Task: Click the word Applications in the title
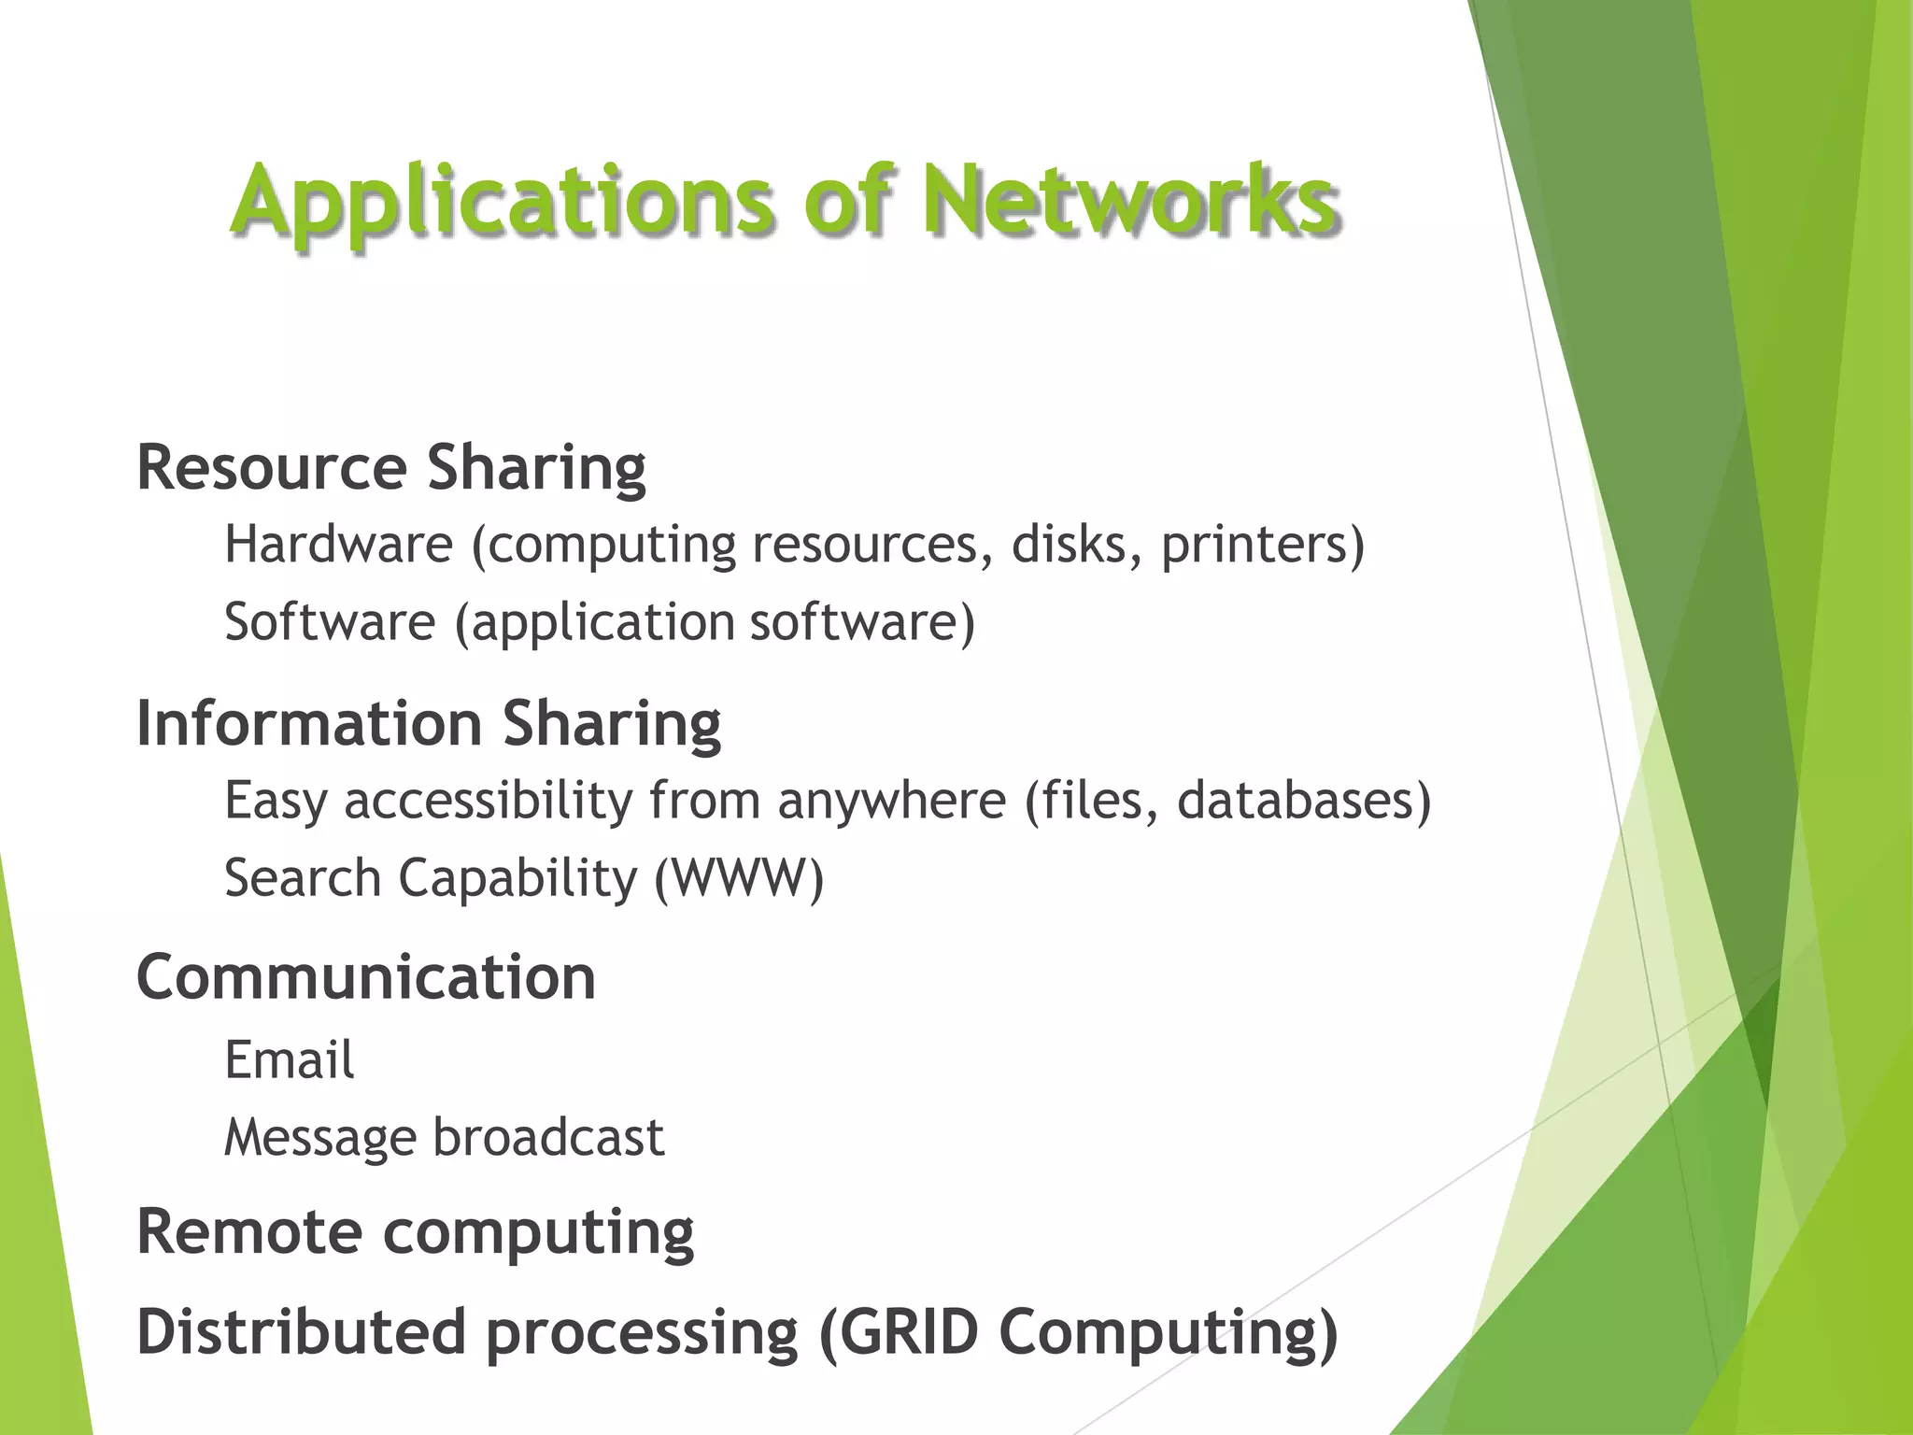coord(503,201)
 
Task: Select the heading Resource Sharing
coord(390,467)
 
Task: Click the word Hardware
coord(338,544)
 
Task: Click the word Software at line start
coord(330,622)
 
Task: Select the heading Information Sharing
coord(428,723)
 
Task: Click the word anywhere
coord(891,802)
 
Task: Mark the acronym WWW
coord(738,878)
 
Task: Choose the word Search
coord(303,878)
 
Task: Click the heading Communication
coord(366,978)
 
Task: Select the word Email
coord(289,1060)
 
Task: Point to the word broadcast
coord(548,1138)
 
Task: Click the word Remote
coord(248,1231)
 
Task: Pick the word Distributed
coord(301,1332)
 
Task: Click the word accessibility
coord(489,802)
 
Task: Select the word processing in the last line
coord(642,1334)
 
